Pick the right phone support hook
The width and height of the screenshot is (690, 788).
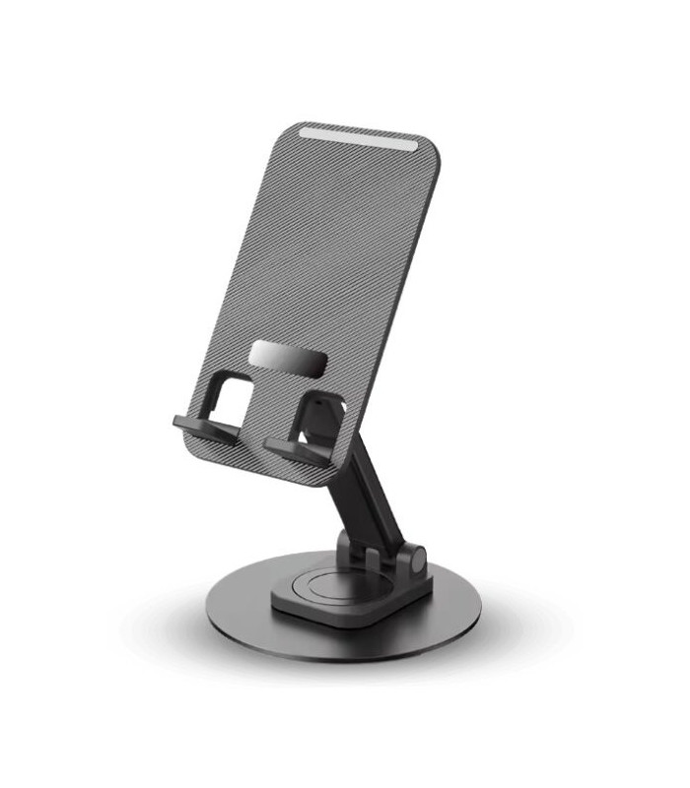(x=296, y=450)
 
